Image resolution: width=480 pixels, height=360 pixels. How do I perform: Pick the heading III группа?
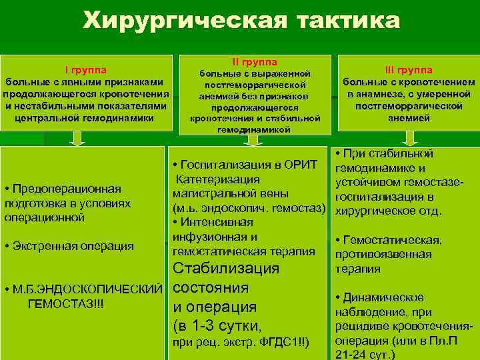[x=409, y=70]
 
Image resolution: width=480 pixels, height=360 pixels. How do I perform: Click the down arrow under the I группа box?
[x=78, y=138]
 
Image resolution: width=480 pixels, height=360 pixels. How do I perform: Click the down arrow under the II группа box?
[x=253, y=139]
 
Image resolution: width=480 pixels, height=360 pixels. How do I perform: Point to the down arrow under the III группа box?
[x=409, y=139]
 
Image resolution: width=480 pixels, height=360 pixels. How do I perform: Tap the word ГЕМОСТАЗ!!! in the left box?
[x=65, y=304]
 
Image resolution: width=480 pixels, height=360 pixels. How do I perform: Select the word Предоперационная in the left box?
[x=67, y=189]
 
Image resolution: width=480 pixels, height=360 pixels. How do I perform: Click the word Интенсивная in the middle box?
[x=213, y=222]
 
